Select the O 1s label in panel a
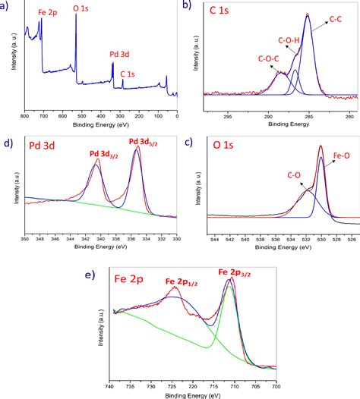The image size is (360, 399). (81, 8)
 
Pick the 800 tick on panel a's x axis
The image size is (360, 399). (25, 115)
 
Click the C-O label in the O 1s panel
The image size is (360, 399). (294, 174)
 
